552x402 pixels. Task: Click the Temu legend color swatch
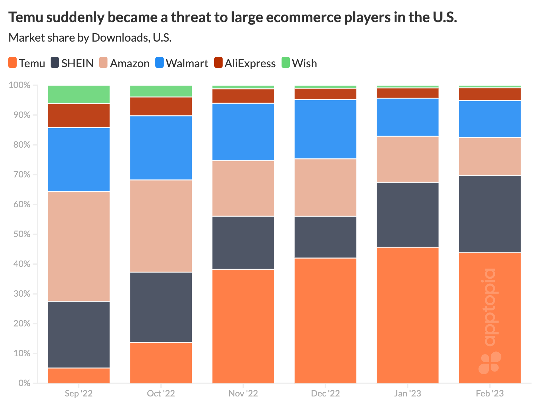[x=13, y=63]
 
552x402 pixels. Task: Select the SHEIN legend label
[x=77, y=63]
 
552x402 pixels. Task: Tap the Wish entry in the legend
[x=304, y=63]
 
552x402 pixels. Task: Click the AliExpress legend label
[x=250, y=63]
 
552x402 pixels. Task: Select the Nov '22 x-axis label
[x=243, y=394]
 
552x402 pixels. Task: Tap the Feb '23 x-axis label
[x=490, y=394]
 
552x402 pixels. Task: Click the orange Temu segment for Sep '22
[x=79, y=376]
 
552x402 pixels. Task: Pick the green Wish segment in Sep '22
[x=79, y=94]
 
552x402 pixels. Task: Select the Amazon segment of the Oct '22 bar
[x=161, y=226]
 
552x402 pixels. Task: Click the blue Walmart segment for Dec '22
[x=325, y=129]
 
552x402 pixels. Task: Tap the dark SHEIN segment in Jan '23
[x=407, y=215]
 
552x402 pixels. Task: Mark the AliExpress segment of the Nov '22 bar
[x=243, y=96]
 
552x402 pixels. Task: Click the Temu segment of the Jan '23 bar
[x=407, y=315]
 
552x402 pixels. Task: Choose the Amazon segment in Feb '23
[x=490, y=156]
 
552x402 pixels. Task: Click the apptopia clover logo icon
[x=490, y=363]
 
